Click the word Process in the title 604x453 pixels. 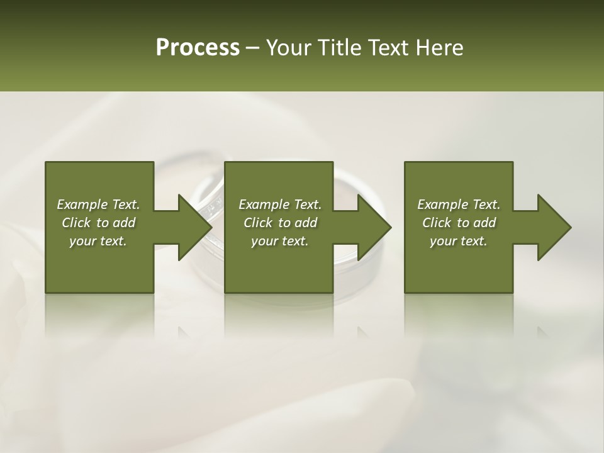click(198, 48)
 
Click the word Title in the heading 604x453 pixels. click(344, 48)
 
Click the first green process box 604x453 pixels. click(99, 264)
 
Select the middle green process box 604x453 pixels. click(279, 264)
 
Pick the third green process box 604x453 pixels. click(459, 264)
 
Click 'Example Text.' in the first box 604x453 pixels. click(98, 204)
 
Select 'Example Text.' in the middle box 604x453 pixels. click(280, 204)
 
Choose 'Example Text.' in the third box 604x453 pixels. click(459, 204)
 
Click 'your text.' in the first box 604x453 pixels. click(98, 241)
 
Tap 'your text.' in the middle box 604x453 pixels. click(280, 241)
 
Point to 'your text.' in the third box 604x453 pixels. click(459, 241)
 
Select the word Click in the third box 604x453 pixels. click(437, 223)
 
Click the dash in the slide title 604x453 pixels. click(253, 48)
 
